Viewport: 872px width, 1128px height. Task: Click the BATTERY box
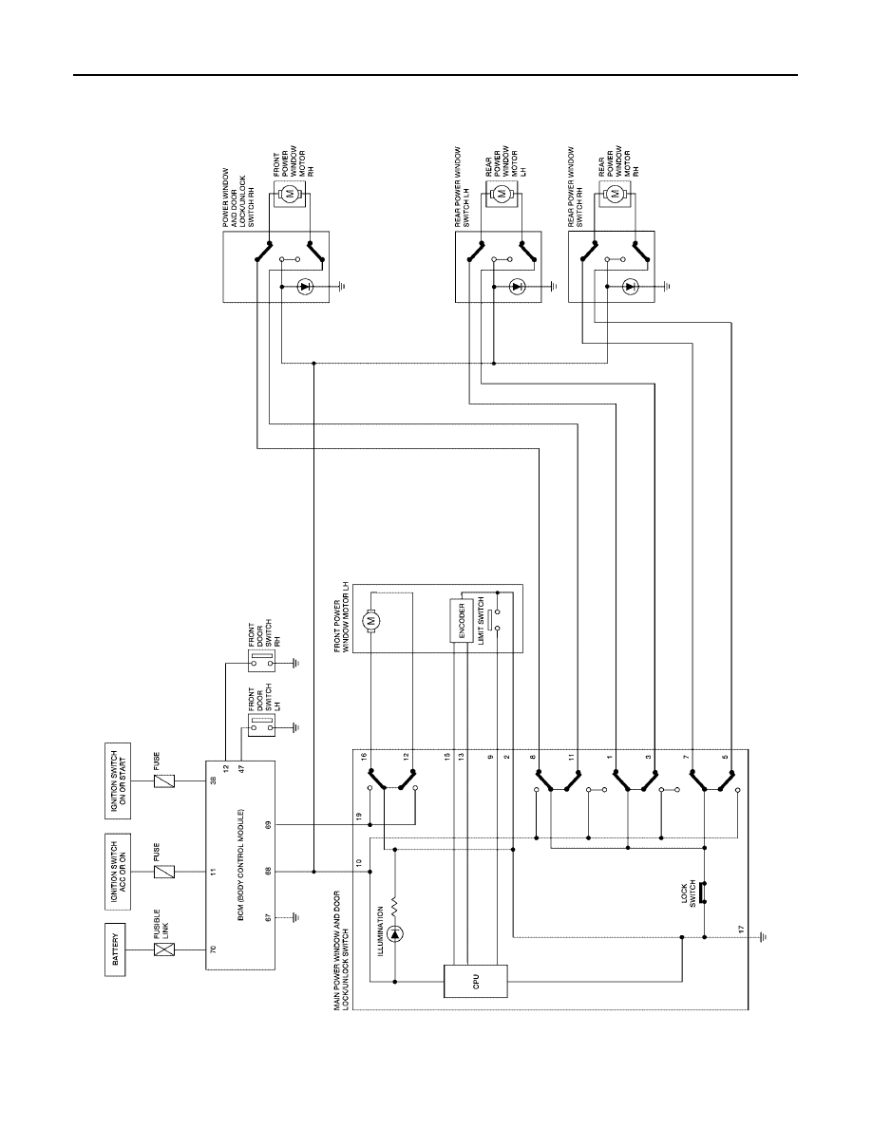click(x=117, y=949)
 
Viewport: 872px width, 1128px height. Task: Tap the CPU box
click(x=476, y=981)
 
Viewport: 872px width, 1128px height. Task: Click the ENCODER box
click(x=462, y=619)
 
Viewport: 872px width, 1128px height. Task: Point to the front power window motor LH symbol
click(x=372, y=618)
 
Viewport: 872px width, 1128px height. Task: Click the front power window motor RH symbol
click(x=290, y=193)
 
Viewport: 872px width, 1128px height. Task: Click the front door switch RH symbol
click(x=261, y=662)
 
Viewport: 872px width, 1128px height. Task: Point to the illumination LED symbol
click(x=395, y=934)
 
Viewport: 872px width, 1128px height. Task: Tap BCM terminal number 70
click(x=214, y=950)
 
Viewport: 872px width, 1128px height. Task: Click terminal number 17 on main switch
click(x=741, y=929)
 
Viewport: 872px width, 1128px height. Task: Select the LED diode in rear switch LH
click(x=515, y=287)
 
